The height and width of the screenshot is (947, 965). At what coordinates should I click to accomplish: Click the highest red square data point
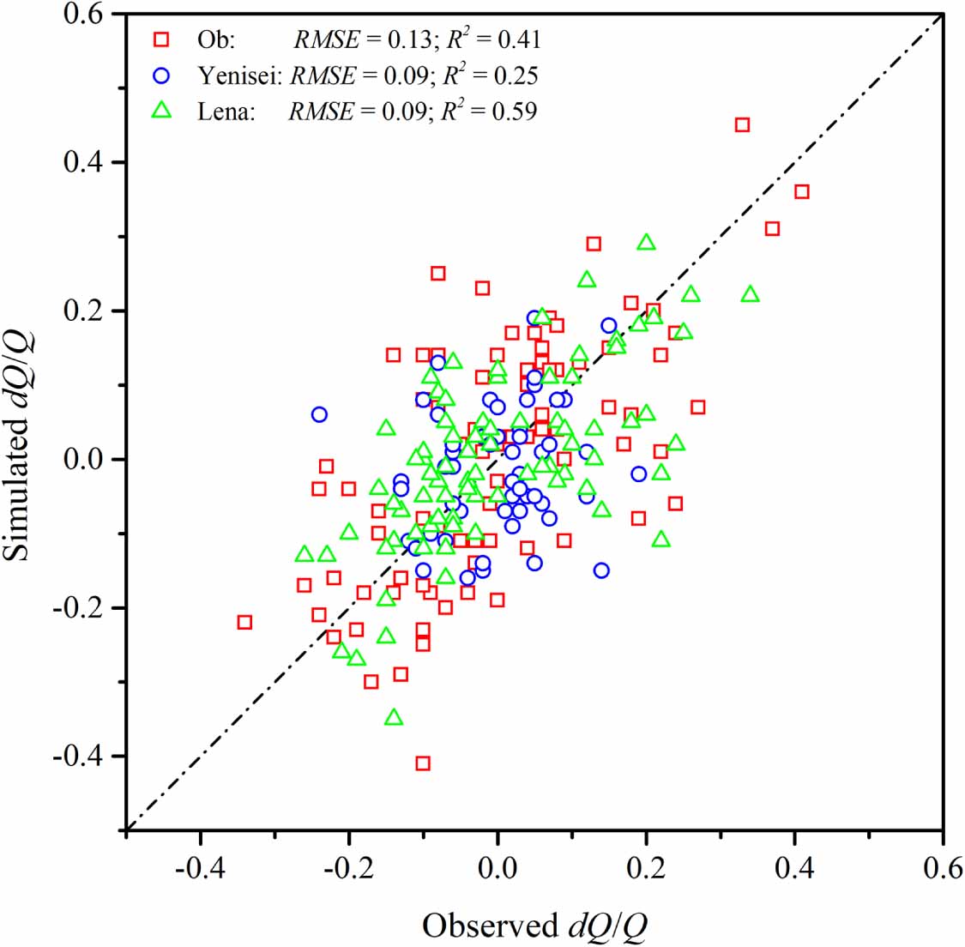click(x=743, y=125)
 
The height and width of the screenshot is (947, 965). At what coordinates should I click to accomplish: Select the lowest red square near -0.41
click(x=423, y=763)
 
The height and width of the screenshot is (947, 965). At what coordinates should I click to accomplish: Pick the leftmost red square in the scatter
click(x=244, y=622)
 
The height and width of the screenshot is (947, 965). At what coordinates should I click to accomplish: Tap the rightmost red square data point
click(x=802, y=192)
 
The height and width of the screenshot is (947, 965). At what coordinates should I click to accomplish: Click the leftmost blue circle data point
click(x=319, y=414)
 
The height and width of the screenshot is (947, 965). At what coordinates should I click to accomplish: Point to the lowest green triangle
click(x=394, y=717)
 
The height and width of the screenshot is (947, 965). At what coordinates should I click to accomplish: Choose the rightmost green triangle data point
click(x=751, y=294)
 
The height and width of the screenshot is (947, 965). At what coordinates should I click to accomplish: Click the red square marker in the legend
click(x=160, y=39)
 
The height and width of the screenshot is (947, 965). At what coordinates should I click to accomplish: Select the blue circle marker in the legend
click(x=160, y=75)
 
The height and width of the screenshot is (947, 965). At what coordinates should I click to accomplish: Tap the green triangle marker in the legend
click(x=160, y=111)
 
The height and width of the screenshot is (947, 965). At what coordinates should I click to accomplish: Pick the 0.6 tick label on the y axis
click(x=83, y=15)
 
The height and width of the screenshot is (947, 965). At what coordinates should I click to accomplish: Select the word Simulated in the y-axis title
click(x=16, y=493)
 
